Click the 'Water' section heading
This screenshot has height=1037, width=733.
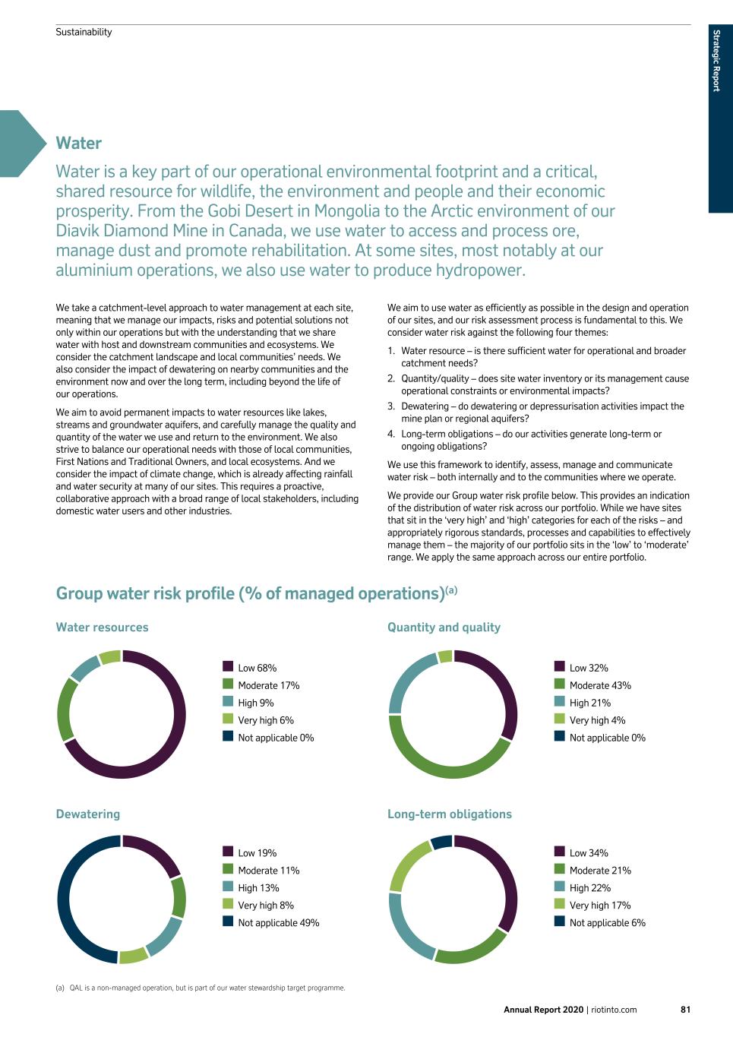click(78, 144)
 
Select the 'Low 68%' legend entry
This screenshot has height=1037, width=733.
click(257, 668)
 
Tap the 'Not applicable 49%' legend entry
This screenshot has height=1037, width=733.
click(278, 923)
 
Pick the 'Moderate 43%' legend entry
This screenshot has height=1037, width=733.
click(600, 685)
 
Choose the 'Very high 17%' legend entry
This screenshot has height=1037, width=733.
click(599, 906)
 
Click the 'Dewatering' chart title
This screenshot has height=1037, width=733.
click(88, 814)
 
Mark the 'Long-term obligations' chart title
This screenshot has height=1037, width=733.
click(449, 814)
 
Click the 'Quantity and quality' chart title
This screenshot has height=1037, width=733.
click(444, 628)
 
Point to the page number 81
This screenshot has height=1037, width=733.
click(685, 1010)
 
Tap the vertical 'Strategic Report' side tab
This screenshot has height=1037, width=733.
click(716, 61)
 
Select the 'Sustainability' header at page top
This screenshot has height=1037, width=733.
click(84, 32)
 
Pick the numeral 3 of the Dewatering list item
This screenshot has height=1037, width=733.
click(391, 406)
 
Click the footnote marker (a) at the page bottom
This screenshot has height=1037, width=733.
click(60, 988)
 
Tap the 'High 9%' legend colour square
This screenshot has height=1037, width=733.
click(228, 702)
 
